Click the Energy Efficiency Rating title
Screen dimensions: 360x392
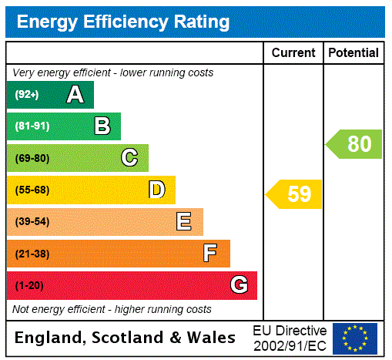[122, 22]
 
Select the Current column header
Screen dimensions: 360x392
[293, 53]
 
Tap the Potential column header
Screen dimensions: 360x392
[353, 53]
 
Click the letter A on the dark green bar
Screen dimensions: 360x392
[75, 95]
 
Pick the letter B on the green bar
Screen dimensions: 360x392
[102, 126]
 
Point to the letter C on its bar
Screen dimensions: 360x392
[129, 158]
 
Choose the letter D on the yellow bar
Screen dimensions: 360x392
[156, 190]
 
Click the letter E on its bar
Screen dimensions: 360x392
[184, 222]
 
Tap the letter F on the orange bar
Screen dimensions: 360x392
[210, 254]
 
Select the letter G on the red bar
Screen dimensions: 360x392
[239, 285]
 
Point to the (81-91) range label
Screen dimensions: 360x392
[32, 126]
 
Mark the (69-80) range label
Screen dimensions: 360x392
[32, 158]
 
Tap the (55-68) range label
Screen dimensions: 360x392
[32, 190]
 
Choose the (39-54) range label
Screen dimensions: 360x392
[32, 222]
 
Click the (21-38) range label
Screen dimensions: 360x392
[32, 254]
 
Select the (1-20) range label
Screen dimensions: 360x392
[29, 285]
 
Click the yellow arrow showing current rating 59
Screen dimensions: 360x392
[294, 194]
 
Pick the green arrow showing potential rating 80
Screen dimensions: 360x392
[354, 144]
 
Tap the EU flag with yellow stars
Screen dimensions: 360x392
[355, 338]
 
